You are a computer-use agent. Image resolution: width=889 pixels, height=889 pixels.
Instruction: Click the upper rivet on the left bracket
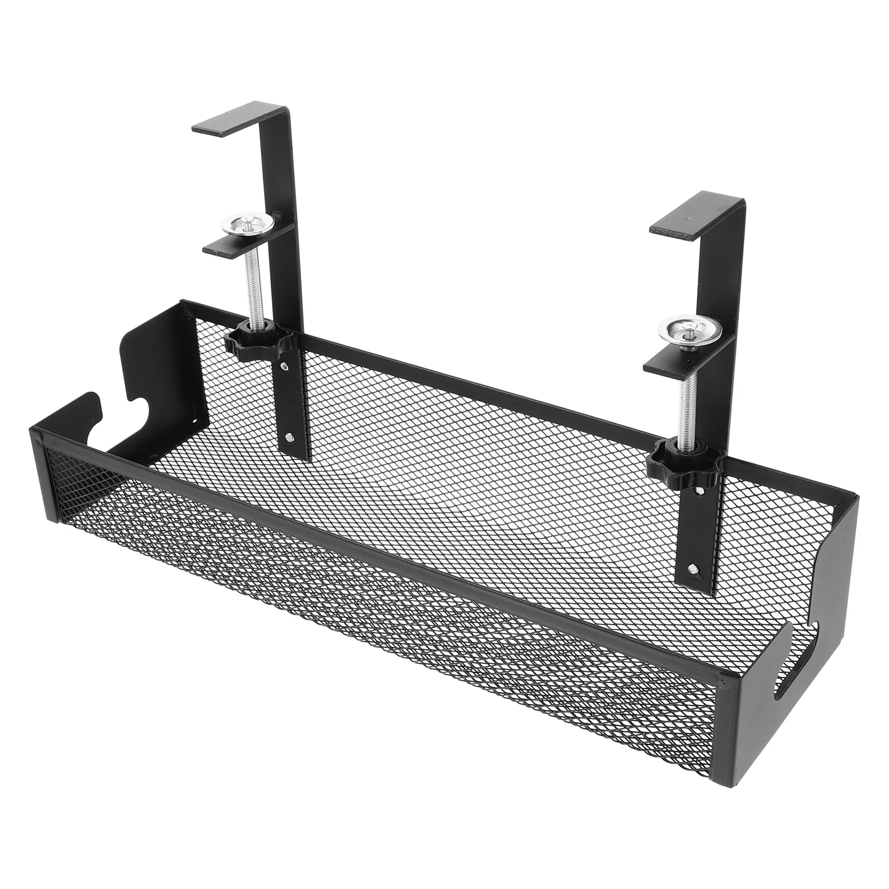(284, 366)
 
